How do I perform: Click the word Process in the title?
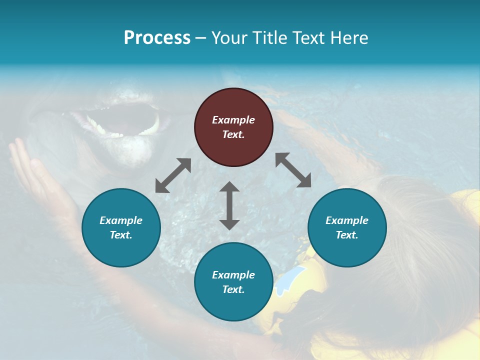157,38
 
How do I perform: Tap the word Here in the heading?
349,38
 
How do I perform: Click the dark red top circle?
233,127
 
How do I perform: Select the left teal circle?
121,227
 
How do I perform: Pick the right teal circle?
347,227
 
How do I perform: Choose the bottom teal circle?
233,282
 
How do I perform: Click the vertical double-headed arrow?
229,205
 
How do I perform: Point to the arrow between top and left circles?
173,175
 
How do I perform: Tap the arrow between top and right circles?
293,170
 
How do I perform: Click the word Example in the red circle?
233,120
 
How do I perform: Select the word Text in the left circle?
121,235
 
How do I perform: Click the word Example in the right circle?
347,220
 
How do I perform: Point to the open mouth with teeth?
122,120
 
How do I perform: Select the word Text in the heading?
308,38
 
